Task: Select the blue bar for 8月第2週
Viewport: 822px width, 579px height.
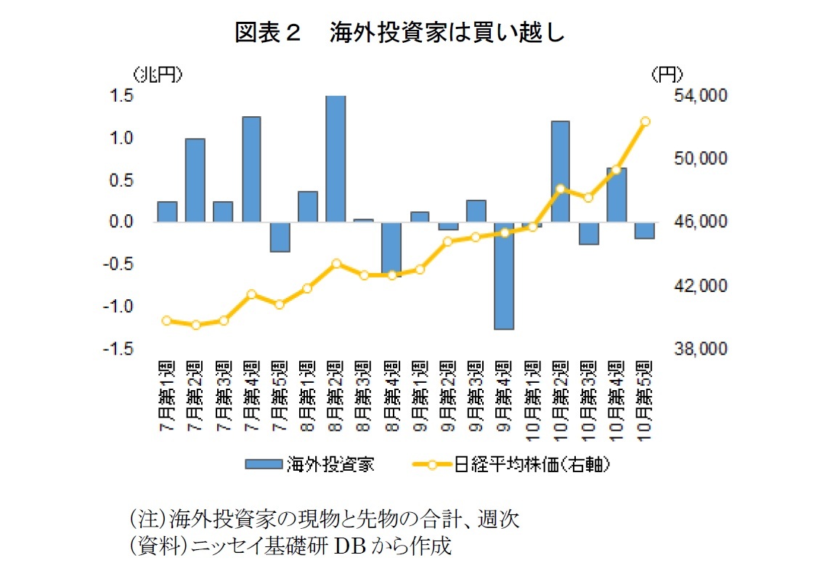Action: pos(335,158)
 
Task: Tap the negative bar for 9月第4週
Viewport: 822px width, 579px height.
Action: pos(504,275)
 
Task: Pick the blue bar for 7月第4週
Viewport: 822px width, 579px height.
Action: pos(251,169)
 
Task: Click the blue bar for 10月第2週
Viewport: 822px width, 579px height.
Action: pos(560,171)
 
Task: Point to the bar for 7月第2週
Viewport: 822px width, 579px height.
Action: pos(195,180)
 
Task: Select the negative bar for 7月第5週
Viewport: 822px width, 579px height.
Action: pos(280,237)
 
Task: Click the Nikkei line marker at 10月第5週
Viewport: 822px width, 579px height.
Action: pos(645,121)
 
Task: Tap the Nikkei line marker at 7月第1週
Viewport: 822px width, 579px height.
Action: pos(167,320)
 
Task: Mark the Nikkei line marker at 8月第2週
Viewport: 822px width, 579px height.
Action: pos(335,264)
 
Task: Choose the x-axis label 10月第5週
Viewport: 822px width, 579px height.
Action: pos(644,395)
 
